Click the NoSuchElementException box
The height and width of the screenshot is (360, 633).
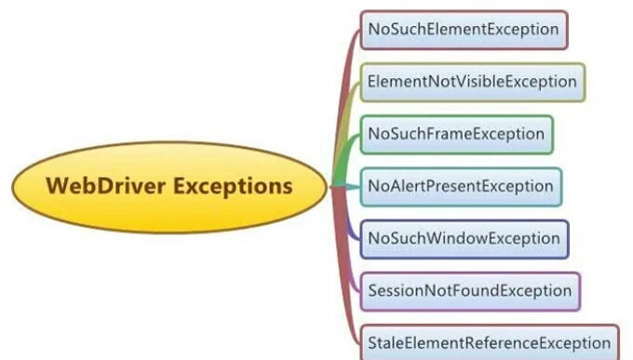pos(463,30)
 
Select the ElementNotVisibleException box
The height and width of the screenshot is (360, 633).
pos(472,82)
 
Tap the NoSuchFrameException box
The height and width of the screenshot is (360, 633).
pos(456,134)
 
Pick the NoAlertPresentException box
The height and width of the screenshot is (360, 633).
pos(460,186)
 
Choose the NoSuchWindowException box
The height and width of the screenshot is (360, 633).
pos(464,239)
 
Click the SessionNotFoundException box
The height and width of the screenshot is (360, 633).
pos(469,291)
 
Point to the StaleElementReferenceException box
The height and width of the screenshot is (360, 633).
pos(488,341)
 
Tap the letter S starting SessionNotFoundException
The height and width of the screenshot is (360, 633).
pos(372,291)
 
